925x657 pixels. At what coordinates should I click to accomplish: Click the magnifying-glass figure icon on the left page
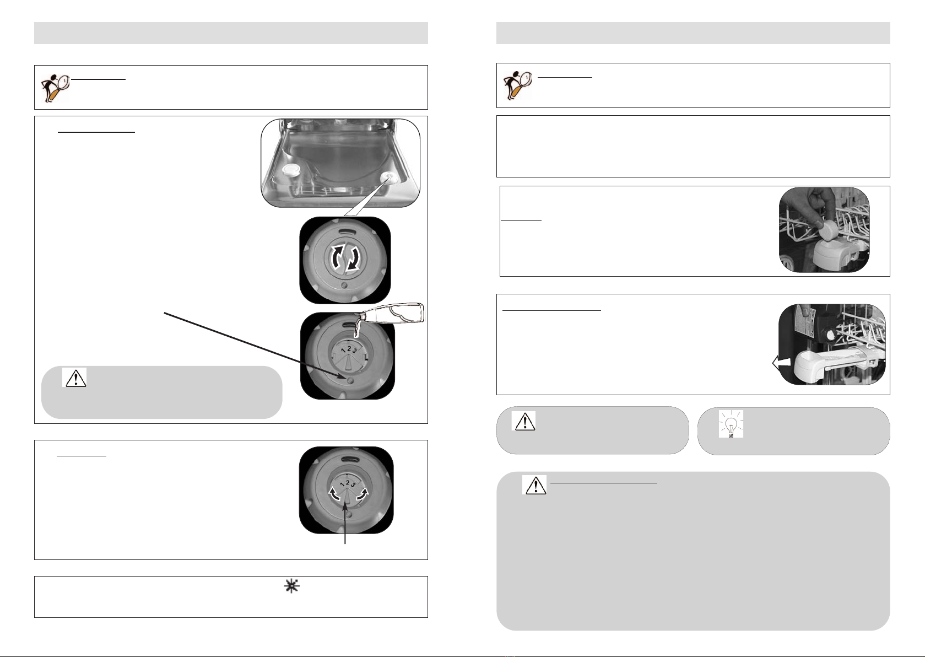[x=55, y=88]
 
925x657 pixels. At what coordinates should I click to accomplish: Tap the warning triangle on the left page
[x=74, y=377]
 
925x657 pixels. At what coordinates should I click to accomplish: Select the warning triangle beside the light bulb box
[x=523, y=421]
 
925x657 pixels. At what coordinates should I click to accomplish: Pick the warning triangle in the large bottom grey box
[x=534, y=485]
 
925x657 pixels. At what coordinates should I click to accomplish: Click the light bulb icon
[x=731, y=424]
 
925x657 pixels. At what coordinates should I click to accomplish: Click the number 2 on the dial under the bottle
[x=349, y=349]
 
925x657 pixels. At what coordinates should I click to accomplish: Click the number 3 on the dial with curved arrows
[x=353, y=485]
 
